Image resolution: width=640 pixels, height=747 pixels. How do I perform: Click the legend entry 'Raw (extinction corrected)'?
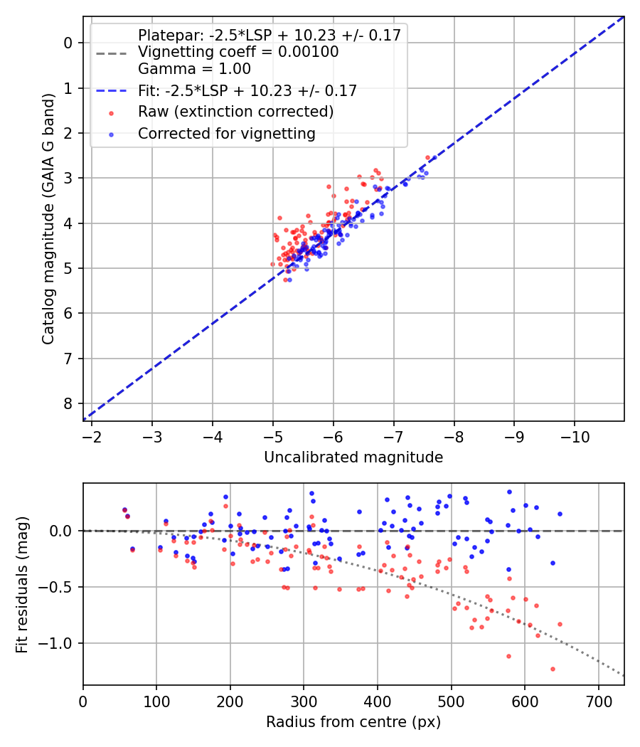(x=235, y=112)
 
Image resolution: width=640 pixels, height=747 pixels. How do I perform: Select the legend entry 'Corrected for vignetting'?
(x=226, y=133)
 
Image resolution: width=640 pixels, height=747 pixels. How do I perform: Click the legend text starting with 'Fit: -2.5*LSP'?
(x=247, y=90)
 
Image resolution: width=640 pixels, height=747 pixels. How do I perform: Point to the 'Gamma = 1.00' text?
(x=194, y=70)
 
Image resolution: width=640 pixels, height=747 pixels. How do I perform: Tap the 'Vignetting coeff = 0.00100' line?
(x=238, y=52)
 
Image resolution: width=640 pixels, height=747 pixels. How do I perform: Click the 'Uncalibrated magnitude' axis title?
(x=353, y=457)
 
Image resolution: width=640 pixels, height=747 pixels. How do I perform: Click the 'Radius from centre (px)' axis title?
(x=353, y=722)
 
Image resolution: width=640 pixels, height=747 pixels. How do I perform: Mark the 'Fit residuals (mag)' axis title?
(x=23, y=584)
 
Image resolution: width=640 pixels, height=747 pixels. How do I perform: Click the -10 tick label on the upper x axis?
(x=575, y=436)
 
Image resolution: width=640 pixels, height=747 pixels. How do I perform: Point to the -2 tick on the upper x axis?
(x=92, y=436)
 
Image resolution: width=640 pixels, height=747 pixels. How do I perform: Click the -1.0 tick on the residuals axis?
(x=58, y=643)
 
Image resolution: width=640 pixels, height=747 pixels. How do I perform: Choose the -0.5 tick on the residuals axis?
(x=58, y=587)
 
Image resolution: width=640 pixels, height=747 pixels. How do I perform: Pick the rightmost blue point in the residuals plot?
(x=560, y=514)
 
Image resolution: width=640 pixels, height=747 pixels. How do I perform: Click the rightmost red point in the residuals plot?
(x=560, y=624)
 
